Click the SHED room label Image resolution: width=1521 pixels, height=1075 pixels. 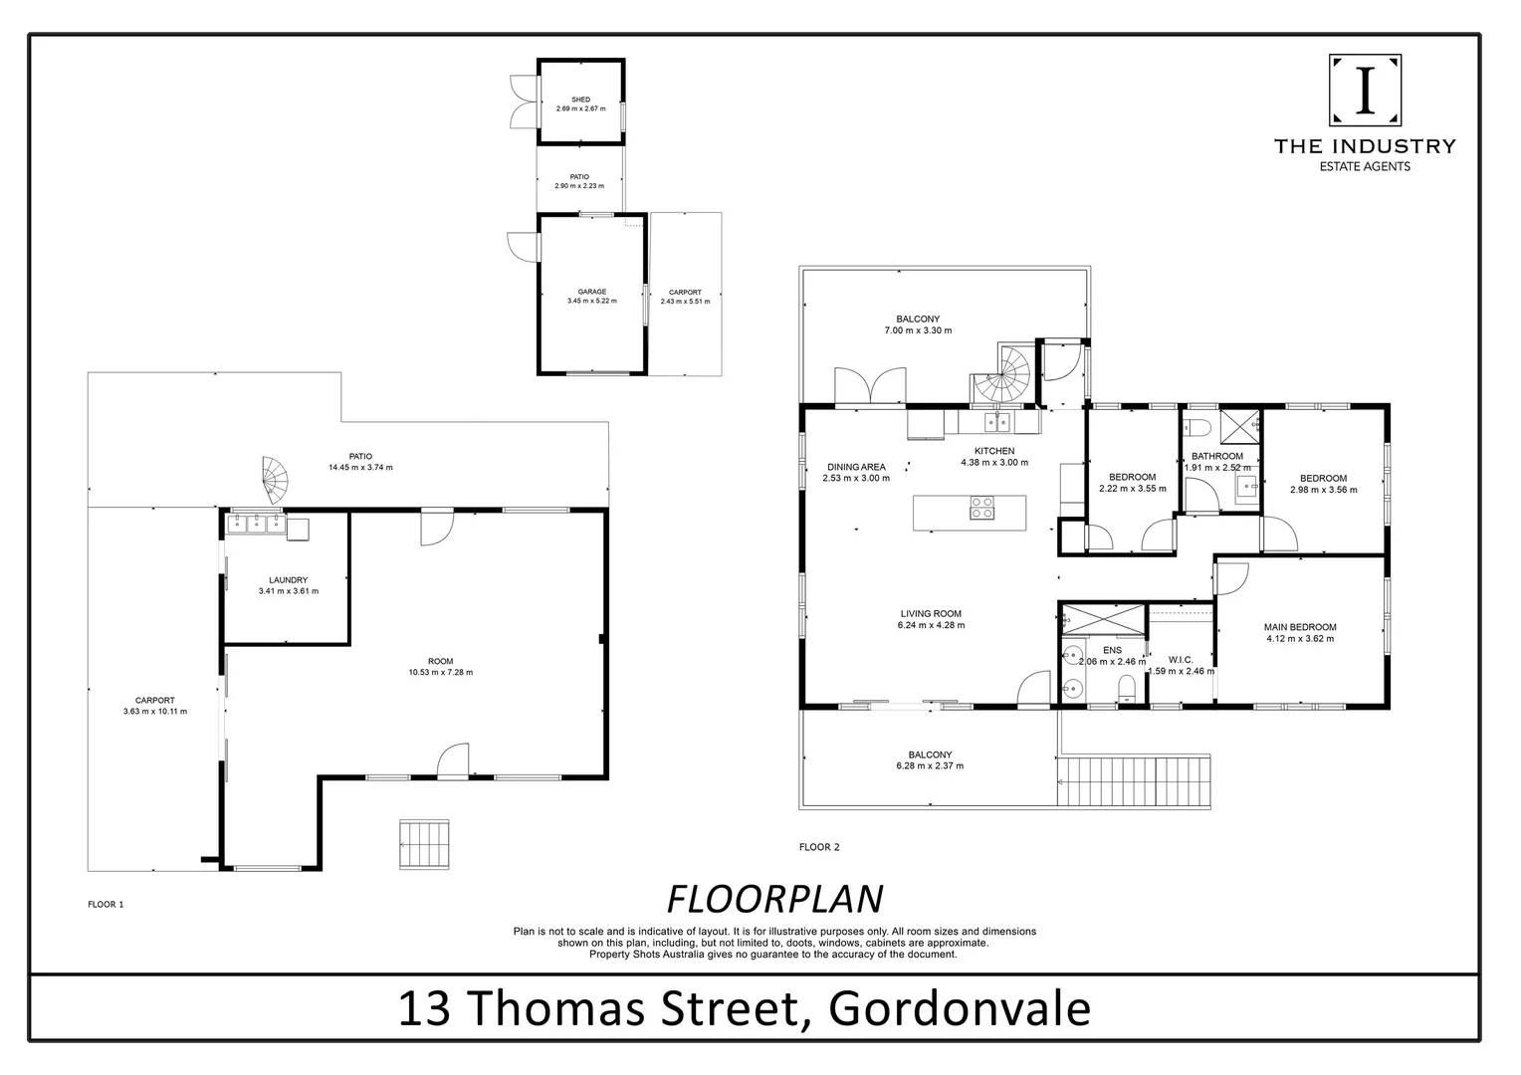tap(580, 100)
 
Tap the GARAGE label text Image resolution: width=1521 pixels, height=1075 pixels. tap(592, 292)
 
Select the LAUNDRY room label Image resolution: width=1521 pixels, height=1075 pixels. tap(288, 580)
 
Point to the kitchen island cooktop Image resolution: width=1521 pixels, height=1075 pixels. tap(981, 509)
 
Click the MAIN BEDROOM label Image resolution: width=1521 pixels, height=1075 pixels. tap(1300, 627)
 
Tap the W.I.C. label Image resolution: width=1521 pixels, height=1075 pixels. tap(1181, 660)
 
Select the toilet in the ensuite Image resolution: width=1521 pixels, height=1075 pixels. tap(1128, 688)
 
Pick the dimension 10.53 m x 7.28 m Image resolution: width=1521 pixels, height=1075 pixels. tap(440, 672)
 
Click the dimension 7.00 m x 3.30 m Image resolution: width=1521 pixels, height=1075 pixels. tap(918, 330)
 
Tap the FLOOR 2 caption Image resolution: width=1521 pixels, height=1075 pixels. tap(819, 847)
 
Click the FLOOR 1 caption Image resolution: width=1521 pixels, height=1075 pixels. tap(106, 905)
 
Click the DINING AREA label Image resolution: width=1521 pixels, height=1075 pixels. tap(856, 467)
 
